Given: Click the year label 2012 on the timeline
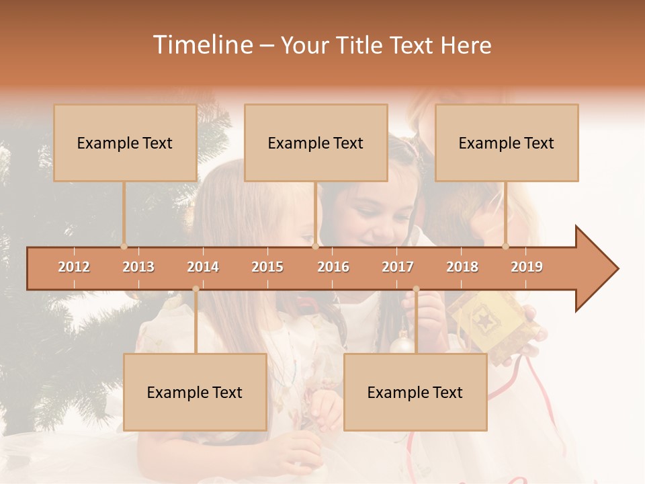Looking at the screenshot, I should pyautogui.click(x=74, y=267).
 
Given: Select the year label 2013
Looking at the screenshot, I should pyautogui.click(x=138, y=267).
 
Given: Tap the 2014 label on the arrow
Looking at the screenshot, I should pyautogui.click(x=203, y=267).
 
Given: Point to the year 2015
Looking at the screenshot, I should pyautogui.click(x=267, y=267).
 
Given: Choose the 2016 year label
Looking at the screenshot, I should pyautogui.click(x=333, y=267).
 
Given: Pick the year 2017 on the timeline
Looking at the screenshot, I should pyautogui.click(x=398, y=267).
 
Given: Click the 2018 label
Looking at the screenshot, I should pyautogui.click(x=462, y=267).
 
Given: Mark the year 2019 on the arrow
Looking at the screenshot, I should pyautogui.click(x=527, y=267).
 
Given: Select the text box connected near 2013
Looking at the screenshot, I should pyautogui.click(x=125, y=143).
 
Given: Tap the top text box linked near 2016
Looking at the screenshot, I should pyautogui.click(x=316, y=143).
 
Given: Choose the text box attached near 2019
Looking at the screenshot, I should pyautogui.click(x=507, y=143).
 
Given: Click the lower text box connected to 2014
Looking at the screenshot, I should pyautogui.click(x=195, y=392).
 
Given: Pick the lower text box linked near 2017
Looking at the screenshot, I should pyautogui.click(x=415, y=392).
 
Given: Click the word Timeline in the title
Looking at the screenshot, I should pyautogui.click(x=202, y=45).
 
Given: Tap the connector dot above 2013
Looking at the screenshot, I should pyautogui.click(x=124, y=246).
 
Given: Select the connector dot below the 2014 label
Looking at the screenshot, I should pyautogui.click(x=196, y=289).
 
